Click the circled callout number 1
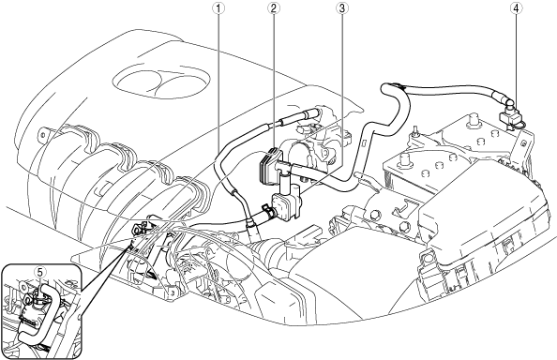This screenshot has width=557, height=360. point(218,8)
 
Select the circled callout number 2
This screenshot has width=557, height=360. point(273,8)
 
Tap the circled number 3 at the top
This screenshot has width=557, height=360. point(341,8)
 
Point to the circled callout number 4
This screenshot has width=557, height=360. point(516,8)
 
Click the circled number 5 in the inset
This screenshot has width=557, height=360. point(39,272)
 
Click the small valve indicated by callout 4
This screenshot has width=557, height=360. point(510,116)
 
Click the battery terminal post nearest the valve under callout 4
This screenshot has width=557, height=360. point(474,120)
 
